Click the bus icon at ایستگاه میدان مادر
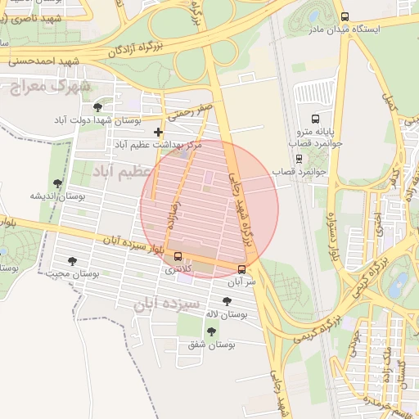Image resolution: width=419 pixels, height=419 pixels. point(345,16)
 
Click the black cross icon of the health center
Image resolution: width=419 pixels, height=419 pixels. point(158,132)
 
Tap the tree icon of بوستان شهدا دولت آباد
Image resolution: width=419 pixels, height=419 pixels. point(98,107)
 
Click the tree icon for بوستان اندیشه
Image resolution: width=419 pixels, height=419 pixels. point(56,183)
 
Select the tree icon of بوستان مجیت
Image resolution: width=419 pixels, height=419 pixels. point(72,261)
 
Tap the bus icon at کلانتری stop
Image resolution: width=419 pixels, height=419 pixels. point(178,256)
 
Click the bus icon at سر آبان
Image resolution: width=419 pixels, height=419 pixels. point(241,268)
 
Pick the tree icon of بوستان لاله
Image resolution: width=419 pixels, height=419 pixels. point(227,301)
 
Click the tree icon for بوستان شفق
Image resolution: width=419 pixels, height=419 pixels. point(211,331)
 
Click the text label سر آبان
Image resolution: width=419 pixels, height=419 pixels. point(244,281)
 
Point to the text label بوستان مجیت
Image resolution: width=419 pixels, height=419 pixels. point(73,274)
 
